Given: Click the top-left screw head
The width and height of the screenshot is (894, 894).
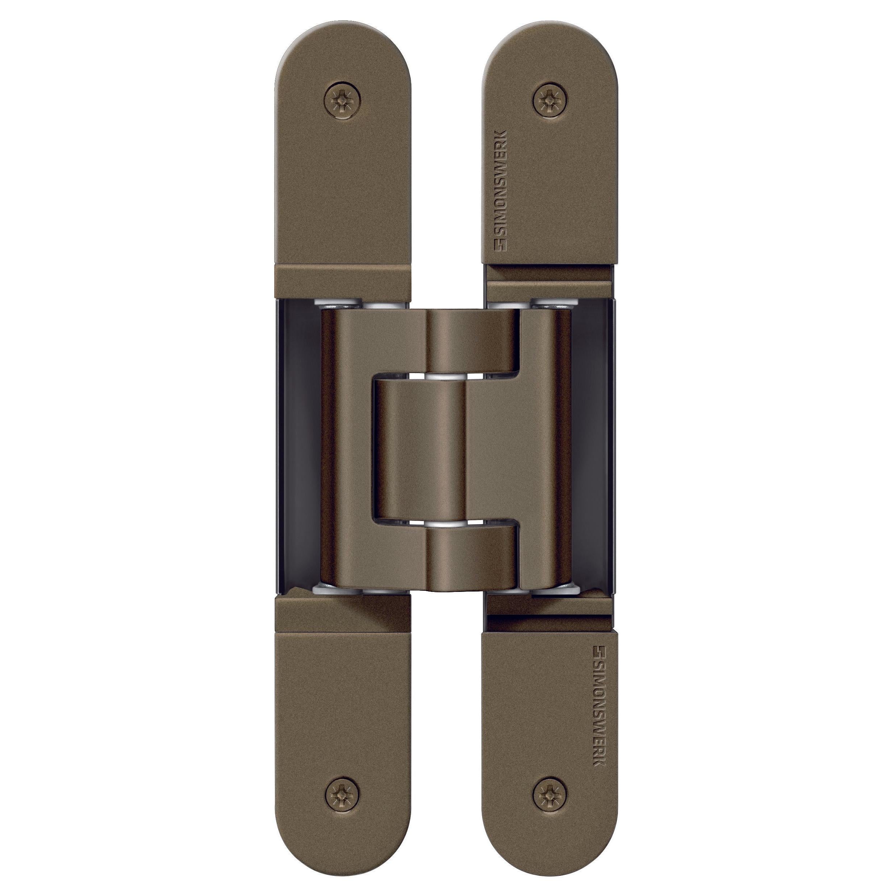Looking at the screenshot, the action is coord(342,100).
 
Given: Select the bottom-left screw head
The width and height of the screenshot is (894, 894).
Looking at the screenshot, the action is coord(342,794).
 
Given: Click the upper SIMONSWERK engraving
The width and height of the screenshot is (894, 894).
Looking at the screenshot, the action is coord(502,191).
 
